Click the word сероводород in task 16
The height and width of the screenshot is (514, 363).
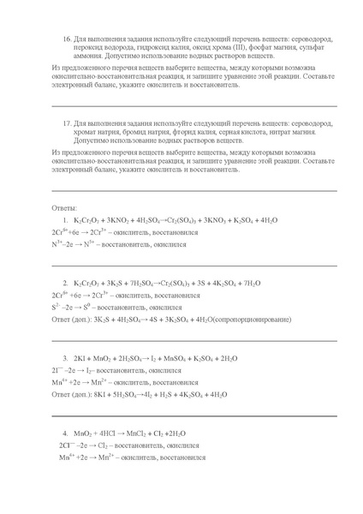point(309,39)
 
